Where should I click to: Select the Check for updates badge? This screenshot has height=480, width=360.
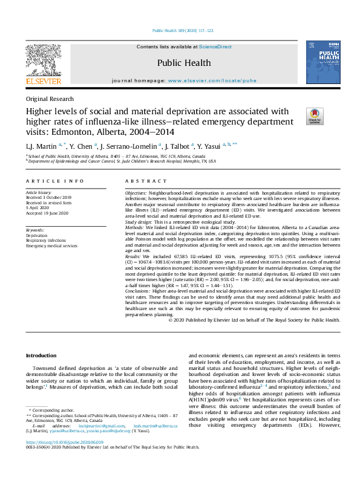tap(315, 116)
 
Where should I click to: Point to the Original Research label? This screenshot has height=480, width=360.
tap(50, 99)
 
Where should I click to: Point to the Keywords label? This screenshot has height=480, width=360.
tap(36, 230)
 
